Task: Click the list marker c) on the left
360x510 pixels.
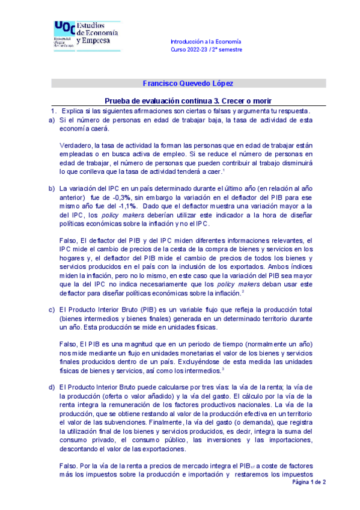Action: pos(52,310)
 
